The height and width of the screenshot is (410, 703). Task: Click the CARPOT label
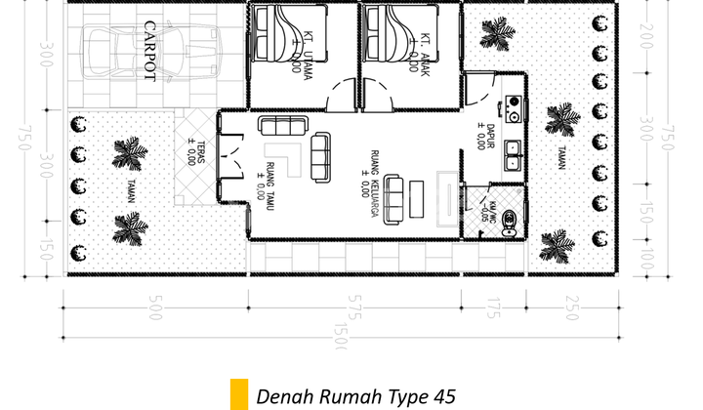click(149, 54)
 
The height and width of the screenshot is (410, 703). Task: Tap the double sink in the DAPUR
click(514, 156)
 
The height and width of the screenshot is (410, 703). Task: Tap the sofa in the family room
click(394, 197)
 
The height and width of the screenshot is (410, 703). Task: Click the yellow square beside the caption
click(237, 395)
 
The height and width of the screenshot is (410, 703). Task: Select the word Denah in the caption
click(282, 396)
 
